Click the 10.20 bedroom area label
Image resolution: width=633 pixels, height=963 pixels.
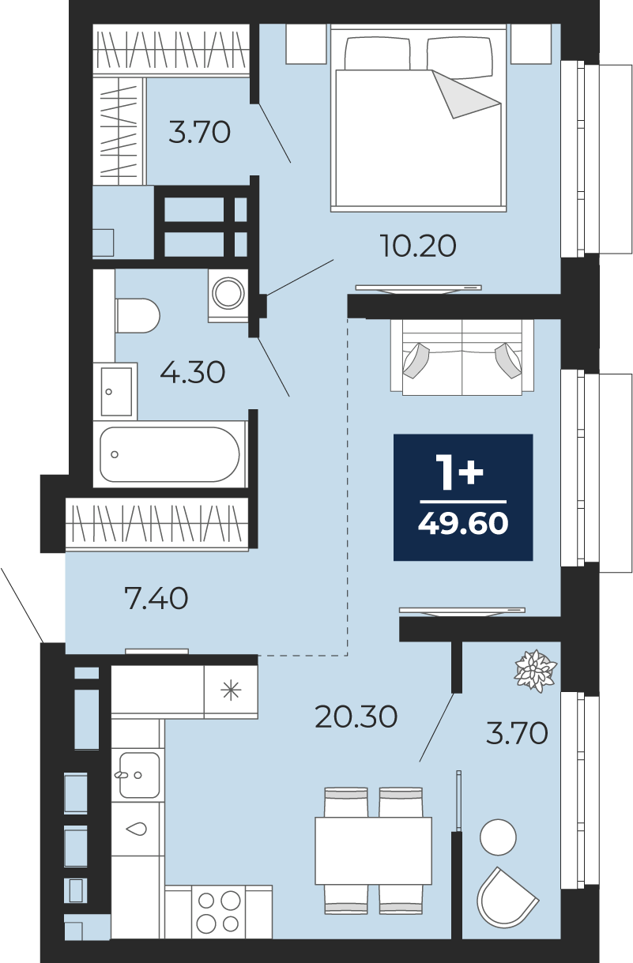point(418,246)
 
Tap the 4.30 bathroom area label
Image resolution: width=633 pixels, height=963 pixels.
point(192,372)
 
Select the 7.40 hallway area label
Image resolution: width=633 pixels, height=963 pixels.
point(156,599)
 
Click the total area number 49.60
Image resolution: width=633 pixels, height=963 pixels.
point(463,524)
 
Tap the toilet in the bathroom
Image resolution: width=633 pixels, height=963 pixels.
point(138,315)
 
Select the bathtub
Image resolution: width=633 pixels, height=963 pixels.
point(169,454)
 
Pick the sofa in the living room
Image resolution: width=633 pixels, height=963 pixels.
point(462,357)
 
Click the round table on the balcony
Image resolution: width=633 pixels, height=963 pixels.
point(498,837)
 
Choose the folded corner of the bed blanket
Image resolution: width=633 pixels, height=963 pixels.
point(466,95)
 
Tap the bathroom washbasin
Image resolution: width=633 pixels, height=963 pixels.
point(116,391)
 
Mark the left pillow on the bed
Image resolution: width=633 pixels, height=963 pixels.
point(377,53)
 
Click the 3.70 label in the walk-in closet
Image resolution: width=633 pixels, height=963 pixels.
point(199,132)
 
